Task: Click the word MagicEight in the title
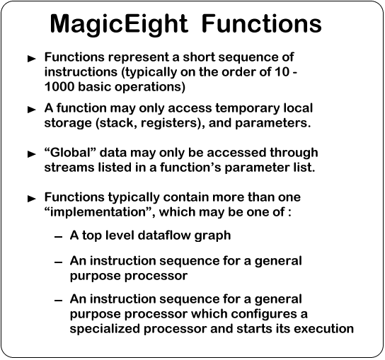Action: [x=119, y=25]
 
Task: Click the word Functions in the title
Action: [x=261, y=23]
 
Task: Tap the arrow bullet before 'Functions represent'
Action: [x=32, y=59]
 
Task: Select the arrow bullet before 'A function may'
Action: [x=32, y=110]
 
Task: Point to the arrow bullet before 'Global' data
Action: [x=32, y=154]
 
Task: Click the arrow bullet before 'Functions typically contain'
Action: [x=32, y=199]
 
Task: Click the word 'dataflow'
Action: [x=164, y=235]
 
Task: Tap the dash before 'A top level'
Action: [x=59, y=237]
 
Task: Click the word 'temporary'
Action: [x=248, y=109]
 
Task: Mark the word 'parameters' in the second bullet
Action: [x=271, y=124]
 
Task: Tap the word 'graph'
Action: [x=212, y=236]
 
